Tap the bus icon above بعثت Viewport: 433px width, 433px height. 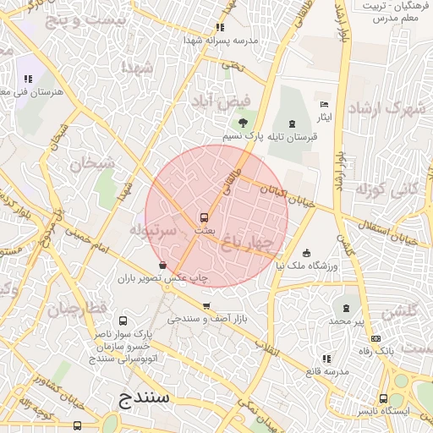coord(203,216)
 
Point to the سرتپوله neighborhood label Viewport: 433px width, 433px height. coord(153,229)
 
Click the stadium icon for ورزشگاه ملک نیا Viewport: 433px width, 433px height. coord(305,253)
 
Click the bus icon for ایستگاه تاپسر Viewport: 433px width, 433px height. coord(383,397)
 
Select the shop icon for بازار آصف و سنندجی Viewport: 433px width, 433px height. coord(206,306)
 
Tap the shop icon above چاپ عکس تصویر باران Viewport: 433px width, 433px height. coord(162,266)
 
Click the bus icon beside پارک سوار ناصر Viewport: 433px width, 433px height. coord(123,321)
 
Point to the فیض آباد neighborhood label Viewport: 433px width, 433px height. coord(222,101)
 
